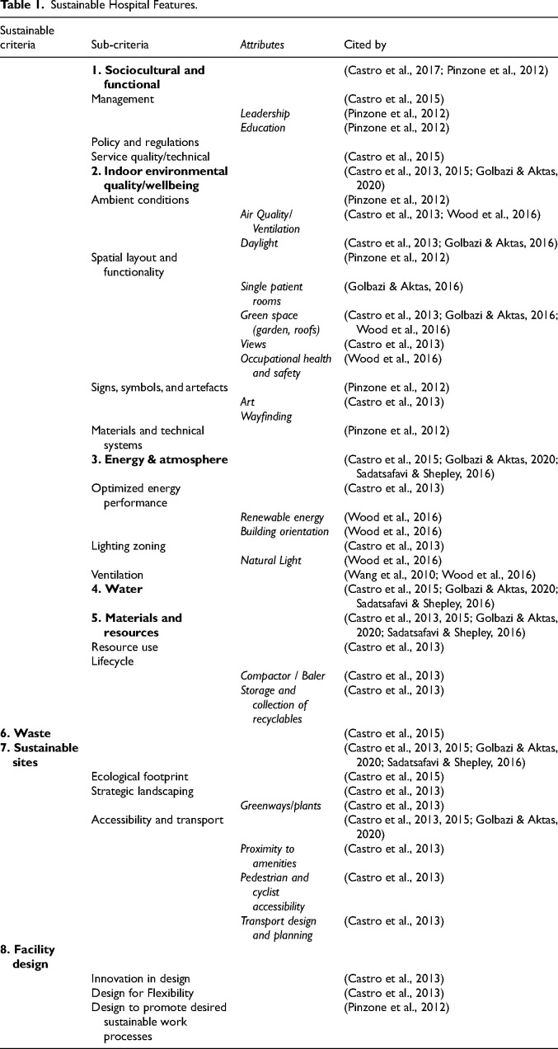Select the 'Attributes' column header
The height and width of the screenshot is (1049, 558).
pyautogui.click(x=262, y=44)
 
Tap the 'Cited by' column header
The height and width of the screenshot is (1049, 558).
pyautogui.click(x=364, y=44)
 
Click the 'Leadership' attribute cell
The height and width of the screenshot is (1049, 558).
pyautogui.click(x=265, y=114)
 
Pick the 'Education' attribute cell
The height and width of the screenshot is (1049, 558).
pyautogui.click(x=262, y=128)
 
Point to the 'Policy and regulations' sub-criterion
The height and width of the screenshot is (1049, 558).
pyautogui.click(x=144, y=142)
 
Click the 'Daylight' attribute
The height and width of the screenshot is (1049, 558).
pyautogui.click(x=259, y=242)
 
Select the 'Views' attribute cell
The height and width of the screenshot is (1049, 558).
pyautogui.click(x=253, y=344)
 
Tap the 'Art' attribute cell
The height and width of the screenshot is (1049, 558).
pyautogui.click(x=247, y=402)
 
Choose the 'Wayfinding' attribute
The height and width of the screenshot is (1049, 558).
pyautogui.click(x=265, y=416)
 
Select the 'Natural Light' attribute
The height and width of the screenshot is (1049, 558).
pyautogui.click(x=272, y=560)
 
